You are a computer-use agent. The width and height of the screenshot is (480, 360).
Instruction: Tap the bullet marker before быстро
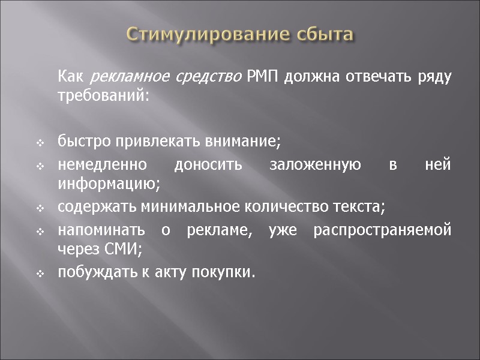(x=40, y=143)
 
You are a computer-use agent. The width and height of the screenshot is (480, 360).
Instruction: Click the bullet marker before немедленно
(x=40, y=166)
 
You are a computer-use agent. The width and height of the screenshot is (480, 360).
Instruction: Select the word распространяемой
(x=382, y=231)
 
